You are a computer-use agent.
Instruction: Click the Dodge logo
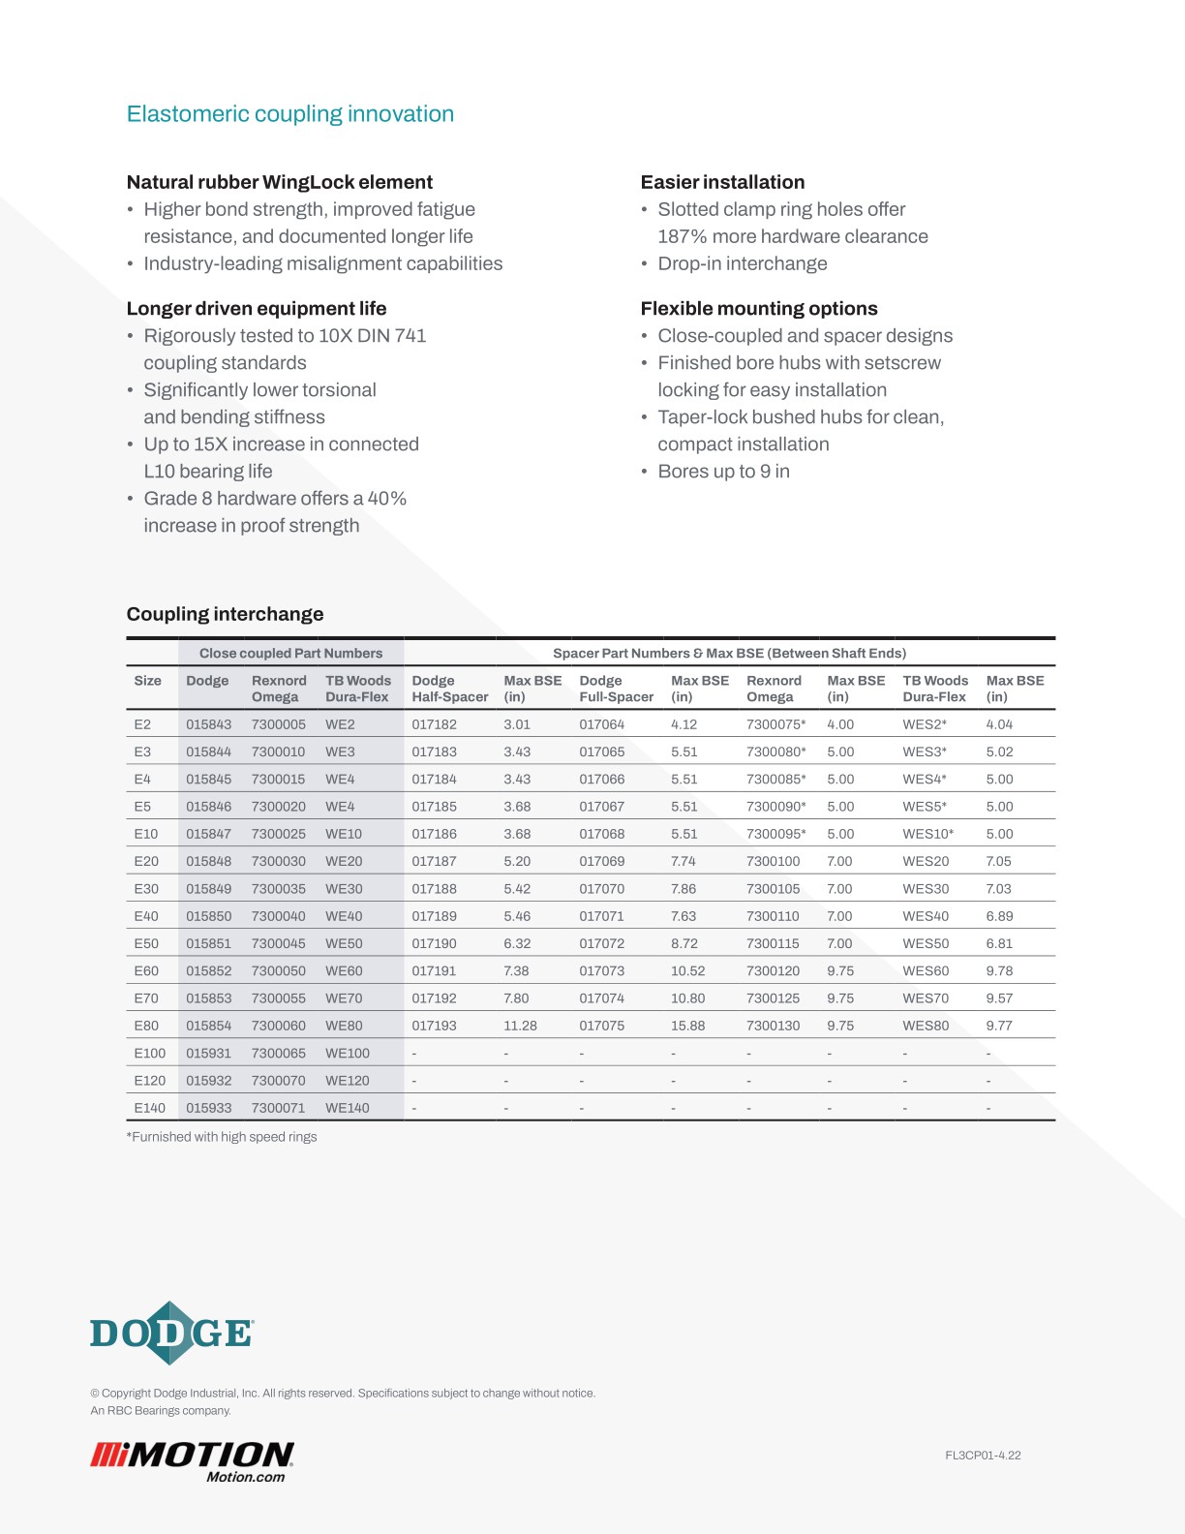[171, 1334]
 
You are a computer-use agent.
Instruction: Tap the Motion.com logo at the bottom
[192, 1461]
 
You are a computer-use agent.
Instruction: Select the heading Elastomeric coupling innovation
[289, 114]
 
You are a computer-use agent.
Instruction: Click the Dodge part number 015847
[208, 834]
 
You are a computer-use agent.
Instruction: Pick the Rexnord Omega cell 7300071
[278, 1108]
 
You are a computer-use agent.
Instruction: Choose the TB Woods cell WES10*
[927, 834]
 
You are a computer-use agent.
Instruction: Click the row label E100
[149, 1054]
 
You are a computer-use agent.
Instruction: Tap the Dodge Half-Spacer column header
[449, 689]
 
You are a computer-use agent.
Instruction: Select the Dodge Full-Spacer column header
[616, 689]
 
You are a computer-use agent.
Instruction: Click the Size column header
[147, 681]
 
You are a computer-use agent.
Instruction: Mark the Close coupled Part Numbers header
[290, 654]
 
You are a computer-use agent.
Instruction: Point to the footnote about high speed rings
[222, 1137]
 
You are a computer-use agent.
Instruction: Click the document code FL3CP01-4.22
[983, 1456]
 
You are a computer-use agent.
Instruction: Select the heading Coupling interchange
[225, 614]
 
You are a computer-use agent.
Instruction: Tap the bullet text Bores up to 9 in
[723, 472]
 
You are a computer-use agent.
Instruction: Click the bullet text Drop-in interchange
[742, 263]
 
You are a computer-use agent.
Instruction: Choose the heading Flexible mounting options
[758, 309]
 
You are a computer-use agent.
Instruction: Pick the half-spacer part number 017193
[434, 1026]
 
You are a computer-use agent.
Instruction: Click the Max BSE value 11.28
[520, 1026]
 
